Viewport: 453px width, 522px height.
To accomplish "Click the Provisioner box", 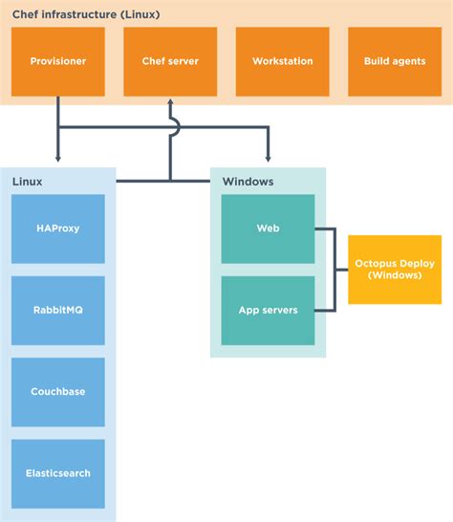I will click(x=58, y=61).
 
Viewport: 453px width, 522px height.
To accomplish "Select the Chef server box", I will click(x=170, y=61).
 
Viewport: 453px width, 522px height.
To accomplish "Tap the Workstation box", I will click(x=282, y=61).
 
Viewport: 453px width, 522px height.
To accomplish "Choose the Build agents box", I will click(x=394, y=61).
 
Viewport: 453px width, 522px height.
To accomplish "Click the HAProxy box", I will click(x=58, y=228).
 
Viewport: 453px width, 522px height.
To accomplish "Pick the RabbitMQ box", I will click(x=58, y=310).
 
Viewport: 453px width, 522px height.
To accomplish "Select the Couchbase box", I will click(x=58, y=392).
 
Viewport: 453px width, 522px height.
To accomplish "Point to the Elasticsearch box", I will click(x=58, y=473).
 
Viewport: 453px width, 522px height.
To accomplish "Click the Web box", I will click(x=268, y=228).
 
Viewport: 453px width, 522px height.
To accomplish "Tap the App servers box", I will click(x=268, y=310).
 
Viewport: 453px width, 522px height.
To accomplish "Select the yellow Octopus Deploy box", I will click(x=395, y=269).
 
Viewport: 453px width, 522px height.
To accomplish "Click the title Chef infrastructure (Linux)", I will click(x=85, y=14).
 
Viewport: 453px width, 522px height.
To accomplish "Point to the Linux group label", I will click(x=28, y=181).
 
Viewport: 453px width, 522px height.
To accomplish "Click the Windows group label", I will click(x=248, y=181).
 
